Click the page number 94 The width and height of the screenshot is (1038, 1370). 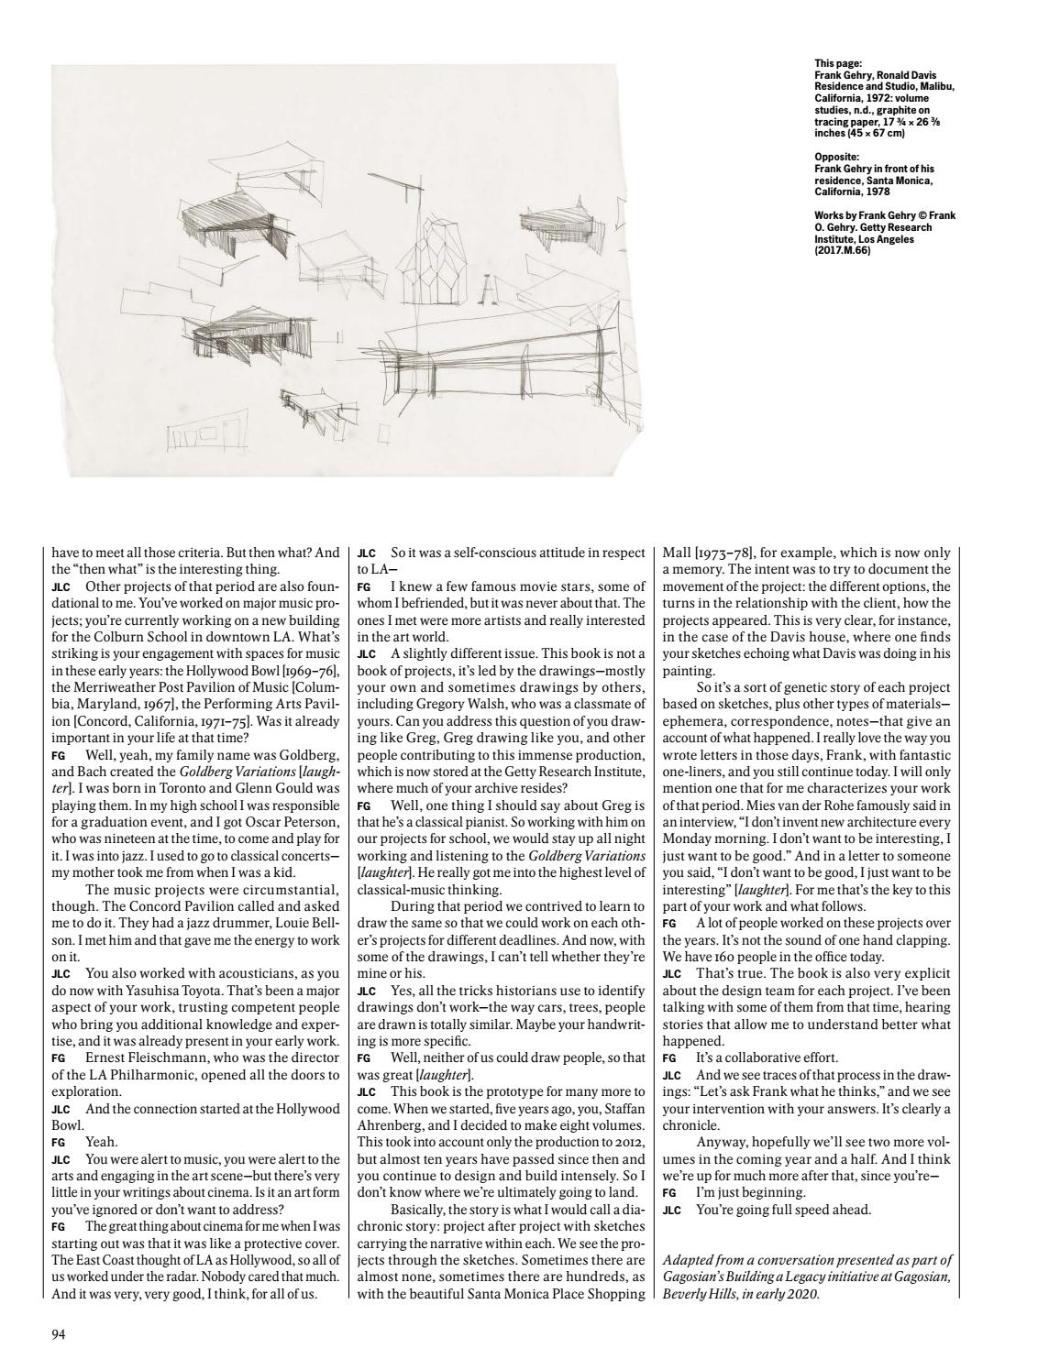(x=58, y=1333)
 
